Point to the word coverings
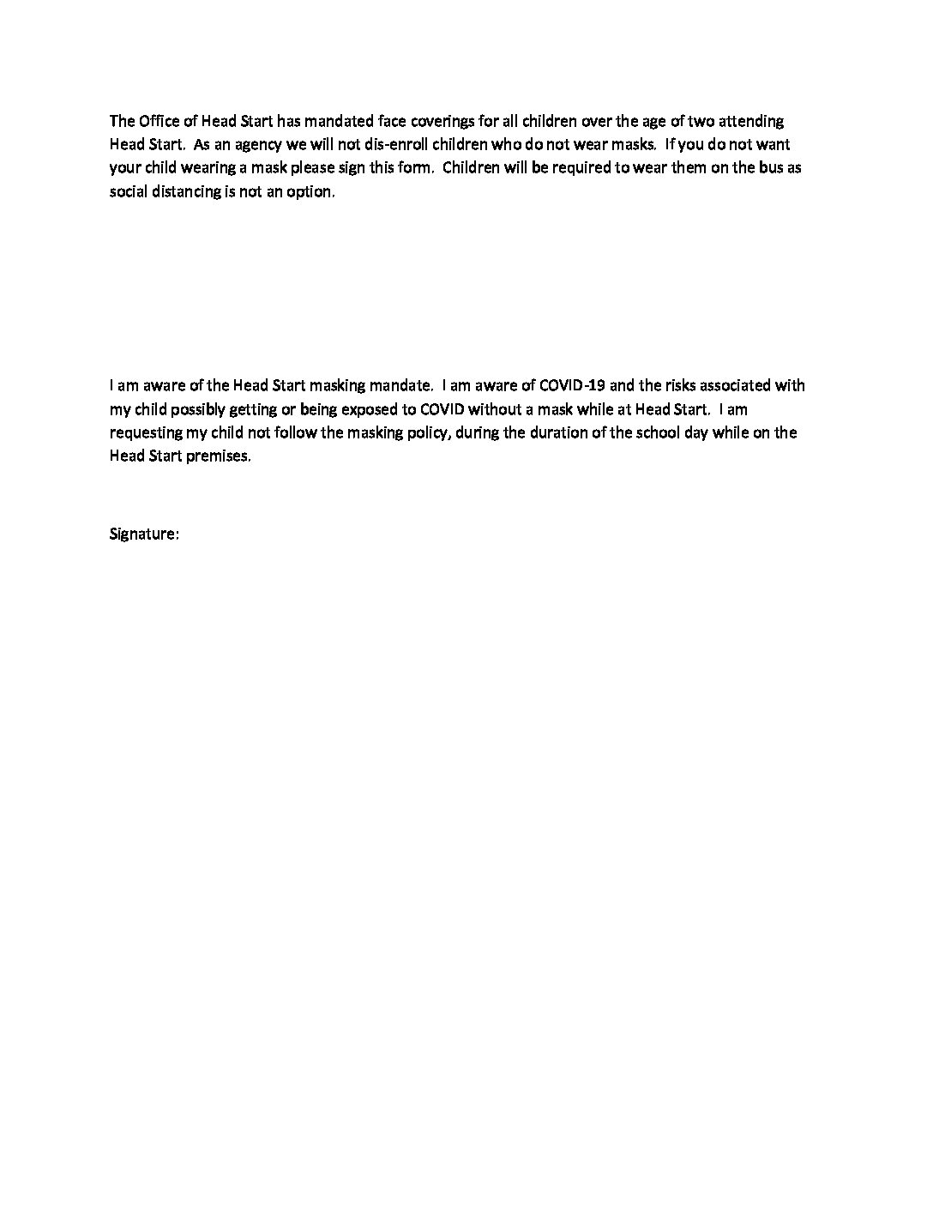click(x=455, y=121)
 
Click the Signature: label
click(x=144, y=534)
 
